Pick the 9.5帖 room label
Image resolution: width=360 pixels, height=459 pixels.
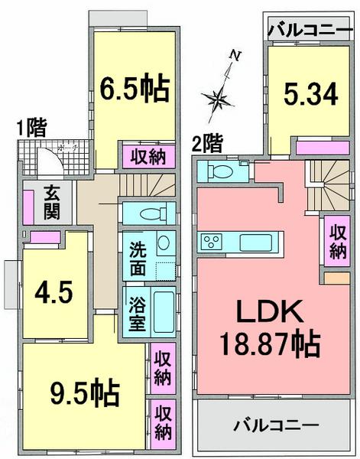(x=84, y=394)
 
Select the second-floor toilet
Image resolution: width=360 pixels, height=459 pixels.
(x=222, y=171)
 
